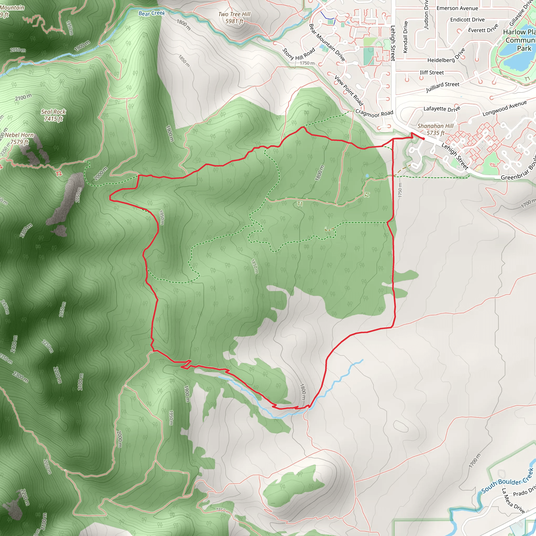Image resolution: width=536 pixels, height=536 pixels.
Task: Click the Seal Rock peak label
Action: (x=53, y=115)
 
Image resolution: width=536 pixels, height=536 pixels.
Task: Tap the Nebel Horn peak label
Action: (x=19, y=138)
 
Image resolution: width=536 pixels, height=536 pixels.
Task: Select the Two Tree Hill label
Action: (x=234, y=18)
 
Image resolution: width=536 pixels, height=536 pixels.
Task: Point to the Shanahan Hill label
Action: (x=435, y=129)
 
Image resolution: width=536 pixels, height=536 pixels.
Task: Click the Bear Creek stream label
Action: (x=152, y=13)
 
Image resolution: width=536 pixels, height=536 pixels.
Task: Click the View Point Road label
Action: (x=349, y=91)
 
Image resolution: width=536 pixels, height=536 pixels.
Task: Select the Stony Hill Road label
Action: (x=299, y=54)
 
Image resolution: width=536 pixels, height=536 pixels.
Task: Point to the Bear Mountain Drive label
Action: (x=327, y=42)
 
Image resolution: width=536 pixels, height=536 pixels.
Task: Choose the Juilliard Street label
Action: (x=443, y=87)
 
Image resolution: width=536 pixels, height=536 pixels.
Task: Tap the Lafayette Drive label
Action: (x=442, y=109)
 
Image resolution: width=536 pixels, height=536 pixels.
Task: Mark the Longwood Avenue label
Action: (x=504, y=108)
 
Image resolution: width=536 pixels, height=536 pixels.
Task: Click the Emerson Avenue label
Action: (x=457, y=8)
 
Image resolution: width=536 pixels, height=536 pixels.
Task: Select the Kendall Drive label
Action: (x=405, y=37)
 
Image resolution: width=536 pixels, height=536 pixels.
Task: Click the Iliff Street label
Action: (x=432, y=73)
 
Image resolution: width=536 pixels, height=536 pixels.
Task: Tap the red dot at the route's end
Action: (x=424, y=139)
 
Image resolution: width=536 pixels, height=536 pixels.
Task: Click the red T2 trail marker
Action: (x=59, y=174)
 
